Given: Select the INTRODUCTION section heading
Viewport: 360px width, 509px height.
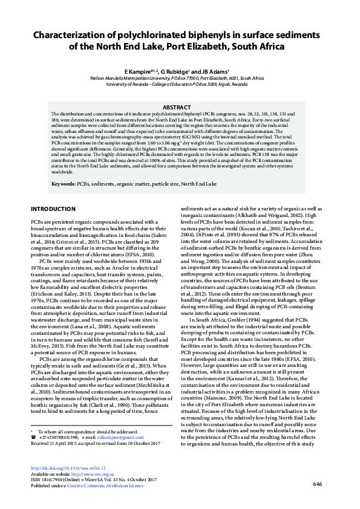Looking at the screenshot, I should coord(53,209).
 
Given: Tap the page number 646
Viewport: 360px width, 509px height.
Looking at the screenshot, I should coord(317,484).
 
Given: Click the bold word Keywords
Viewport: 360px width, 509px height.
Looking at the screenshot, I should coord(63,183).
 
